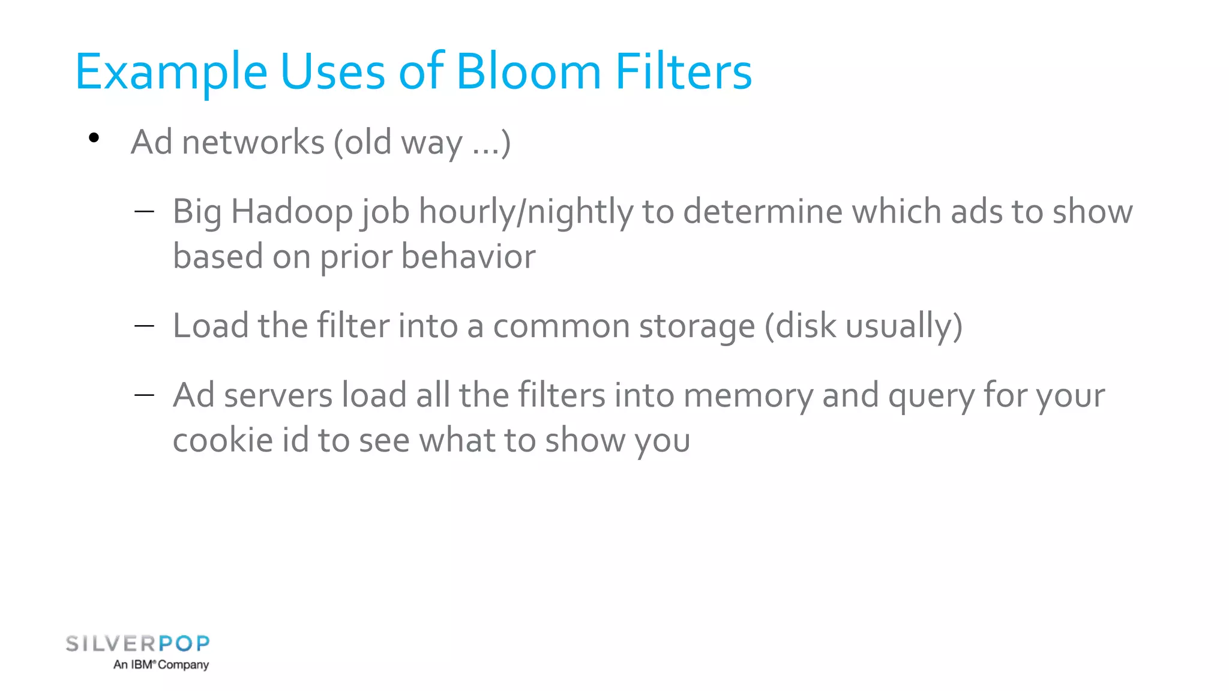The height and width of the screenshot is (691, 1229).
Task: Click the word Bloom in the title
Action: [x=528, y=72]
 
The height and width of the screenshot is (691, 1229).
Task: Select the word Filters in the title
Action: [x=684, y=72]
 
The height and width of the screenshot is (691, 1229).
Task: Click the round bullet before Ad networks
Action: [x=94, y=139]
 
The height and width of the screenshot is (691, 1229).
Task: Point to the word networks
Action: [x=253, y=143]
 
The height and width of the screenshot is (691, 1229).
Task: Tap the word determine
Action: [x=763, y=212]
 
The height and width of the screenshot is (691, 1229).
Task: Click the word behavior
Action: [x=468, y=257]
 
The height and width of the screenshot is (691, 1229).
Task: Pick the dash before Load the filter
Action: [x=145, y=326]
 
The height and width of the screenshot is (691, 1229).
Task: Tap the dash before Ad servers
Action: [x=145, y=395]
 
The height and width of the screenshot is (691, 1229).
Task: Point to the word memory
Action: [x=748, y=396]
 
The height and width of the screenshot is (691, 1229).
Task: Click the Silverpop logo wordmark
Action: [x=137, y=644]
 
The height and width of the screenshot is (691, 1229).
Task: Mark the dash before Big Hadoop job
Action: [x=145, y=211]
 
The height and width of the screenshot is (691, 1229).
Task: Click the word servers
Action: [x=278, y=396]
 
